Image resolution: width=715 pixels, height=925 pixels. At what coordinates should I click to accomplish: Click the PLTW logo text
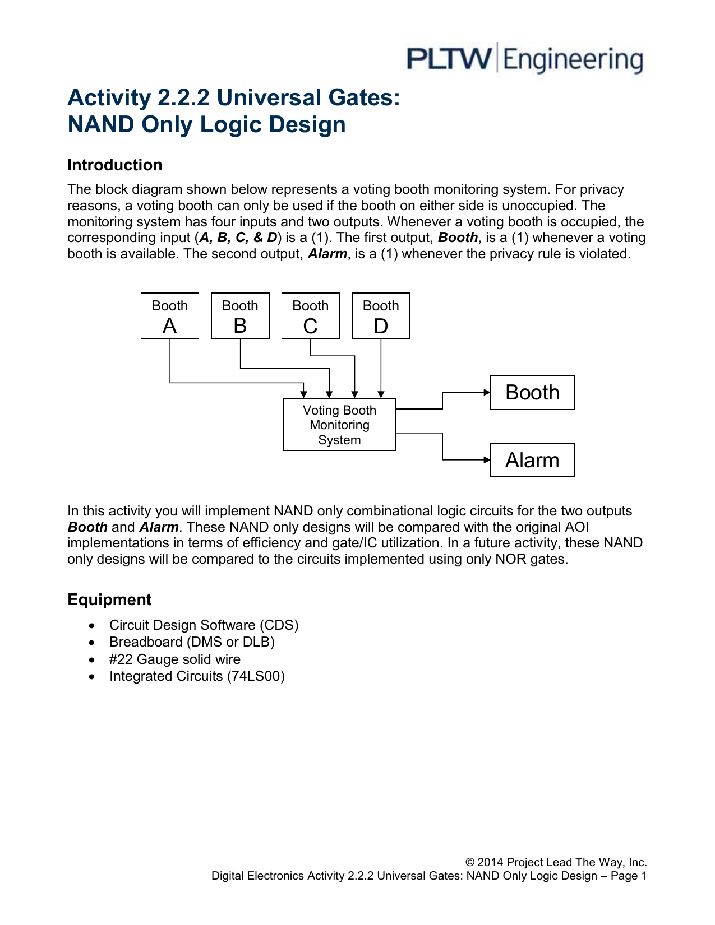449,59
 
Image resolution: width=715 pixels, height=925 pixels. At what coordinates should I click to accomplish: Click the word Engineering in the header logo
573,60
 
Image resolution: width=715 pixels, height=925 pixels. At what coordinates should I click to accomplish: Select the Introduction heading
115,165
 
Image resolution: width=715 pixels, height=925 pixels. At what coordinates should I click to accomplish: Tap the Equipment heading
109,599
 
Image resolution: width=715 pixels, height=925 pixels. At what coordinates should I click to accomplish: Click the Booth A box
170,316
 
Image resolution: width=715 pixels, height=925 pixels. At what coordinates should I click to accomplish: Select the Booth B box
240,316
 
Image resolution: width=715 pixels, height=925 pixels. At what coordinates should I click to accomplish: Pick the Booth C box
311,316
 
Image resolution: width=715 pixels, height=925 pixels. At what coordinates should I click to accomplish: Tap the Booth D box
381,316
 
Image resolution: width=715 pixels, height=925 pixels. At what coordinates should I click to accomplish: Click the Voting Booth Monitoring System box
339,425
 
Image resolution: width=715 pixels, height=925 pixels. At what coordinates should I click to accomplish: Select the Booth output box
532,392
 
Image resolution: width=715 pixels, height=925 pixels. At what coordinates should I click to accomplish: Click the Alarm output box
532,460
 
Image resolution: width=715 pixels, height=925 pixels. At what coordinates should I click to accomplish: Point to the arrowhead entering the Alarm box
487,460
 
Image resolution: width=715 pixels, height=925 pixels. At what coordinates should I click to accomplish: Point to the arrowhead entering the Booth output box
487,392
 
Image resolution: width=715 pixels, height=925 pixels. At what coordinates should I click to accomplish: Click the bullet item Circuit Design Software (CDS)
204,625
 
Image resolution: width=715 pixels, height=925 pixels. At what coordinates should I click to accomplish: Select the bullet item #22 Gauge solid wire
174,659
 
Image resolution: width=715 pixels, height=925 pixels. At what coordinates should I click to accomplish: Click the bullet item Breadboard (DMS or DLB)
192,642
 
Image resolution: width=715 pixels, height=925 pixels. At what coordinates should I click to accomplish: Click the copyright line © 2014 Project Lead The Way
556,862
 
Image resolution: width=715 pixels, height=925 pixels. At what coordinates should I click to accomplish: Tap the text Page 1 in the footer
629,876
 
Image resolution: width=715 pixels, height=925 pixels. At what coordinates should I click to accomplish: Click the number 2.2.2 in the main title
183,98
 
